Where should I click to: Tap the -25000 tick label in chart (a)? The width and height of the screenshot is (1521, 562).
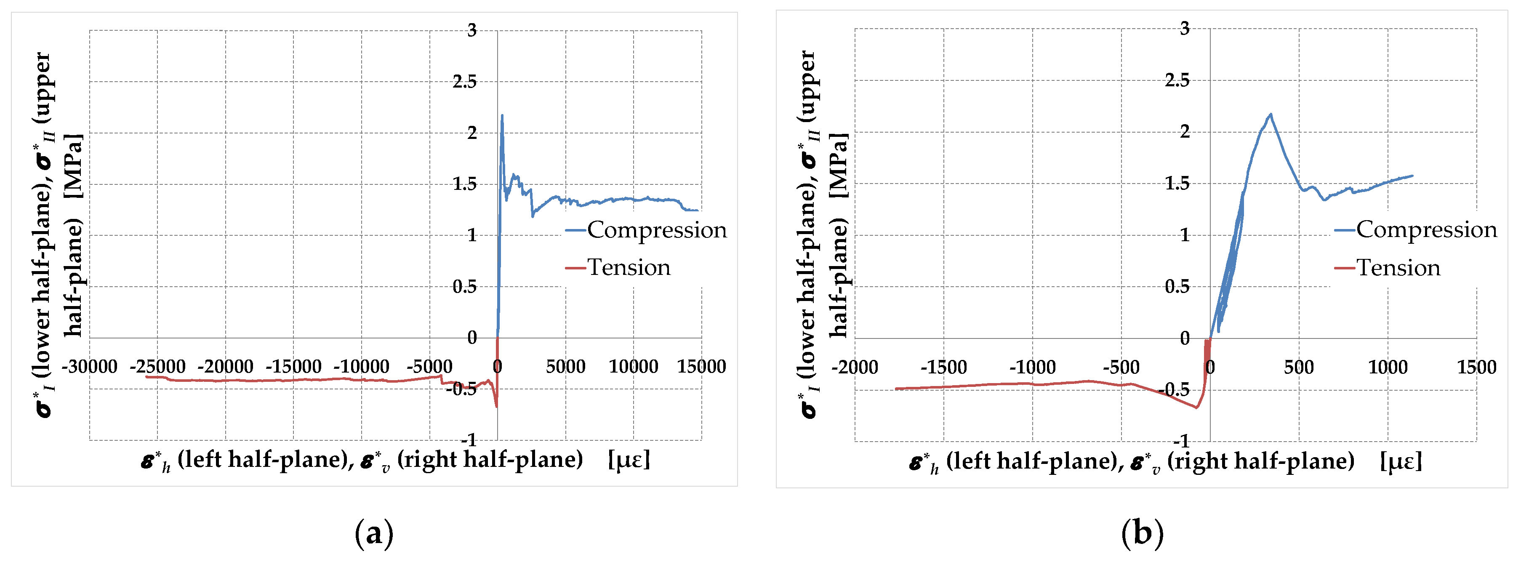(x=157, y=367)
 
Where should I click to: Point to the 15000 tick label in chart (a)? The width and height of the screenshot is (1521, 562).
(x=701, y=367)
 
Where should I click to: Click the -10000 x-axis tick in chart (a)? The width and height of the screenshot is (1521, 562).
(x=361, y=367)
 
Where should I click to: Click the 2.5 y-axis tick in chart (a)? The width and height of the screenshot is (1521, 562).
(x=465, y=82)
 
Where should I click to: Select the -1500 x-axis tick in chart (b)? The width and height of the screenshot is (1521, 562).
(x=943, y=367)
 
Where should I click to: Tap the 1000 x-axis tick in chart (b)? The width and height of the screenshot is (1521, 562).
(x=1388, y=367)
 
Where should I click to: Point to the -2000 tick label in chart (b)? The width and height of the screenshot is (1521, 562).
(x=855, y=367)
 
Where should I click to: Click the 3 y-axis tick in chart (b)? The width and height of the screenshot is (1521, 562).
(x=1185, y=29)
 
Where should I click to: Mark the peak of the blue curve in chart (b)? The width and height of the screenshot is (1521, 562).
(x=1271, y=114)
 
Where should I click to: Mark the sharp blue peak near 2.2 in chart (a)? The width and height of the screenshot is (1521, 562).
(x=502, y=116)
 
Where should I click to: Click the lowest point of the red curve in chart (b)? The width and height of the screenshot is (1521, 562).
(x=1197, y=408)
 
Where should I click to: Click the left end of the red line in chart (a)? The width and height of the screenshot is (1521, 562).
(x=146, y=377)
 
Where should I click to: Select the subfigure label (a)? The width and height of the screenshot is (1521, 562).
(x=374, y=534)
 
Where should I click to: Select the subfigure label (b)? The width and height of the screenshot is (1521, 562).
(x=1142, y=534)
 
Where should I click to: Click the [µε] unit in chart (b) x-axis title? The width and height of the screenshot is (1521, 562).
(x=1401, y=461)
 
